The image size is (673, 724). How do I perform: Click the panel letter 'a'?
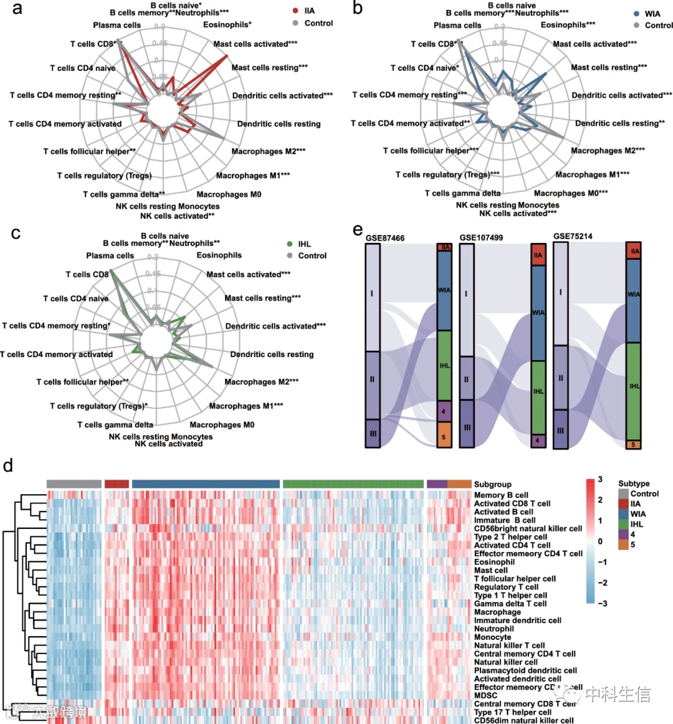(x=17, y=9)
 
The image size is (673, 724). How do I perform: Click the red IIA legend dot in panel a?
(x=295, y=11)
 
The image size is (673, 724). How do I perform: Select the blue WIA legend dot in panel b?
(x=636, y=13)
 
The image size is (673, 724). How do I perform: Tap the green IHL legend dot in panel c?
(x=289, y=244)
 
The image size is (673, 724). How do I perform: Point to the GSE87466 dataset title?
(x=385, y=238)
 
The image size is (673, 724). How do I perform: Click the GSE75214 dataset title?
(x=573, y=237)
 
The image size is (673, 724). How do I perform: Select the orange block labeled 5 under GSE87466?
(x=444, y=435)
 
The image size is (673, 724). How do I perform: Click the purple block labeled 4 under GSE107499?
(x=538, y=441)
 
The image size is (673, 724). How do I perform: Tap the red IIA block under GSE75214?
(x=634, y=250)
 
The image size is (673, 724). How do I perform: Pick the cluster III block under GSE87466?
(x=372, y=433)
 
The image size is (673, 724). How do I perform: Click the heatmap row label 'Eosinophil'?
(x=494, y=562)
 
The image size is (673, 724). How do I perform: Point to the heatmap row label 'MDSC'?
(x=485, y=695)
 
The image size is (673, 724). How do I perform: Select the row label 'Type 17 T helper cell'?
(x=512, y=712)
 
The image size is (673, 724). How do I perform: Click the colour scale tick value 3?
(x=600, y=480)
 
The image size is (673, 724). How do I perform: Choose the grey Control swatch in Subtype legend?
(x=623, y=494)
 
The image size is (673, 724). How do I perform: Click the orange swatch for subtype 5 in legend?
(x=623, y=545)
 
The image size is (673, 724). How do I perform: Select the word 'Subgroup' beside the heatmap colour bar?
(x=492, y=484)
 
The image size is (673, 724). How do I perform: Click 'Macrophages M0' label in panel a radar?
(x=229, y=194)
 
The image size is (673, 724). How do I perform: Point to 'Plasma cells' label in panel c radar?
(x=110, y=255)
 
